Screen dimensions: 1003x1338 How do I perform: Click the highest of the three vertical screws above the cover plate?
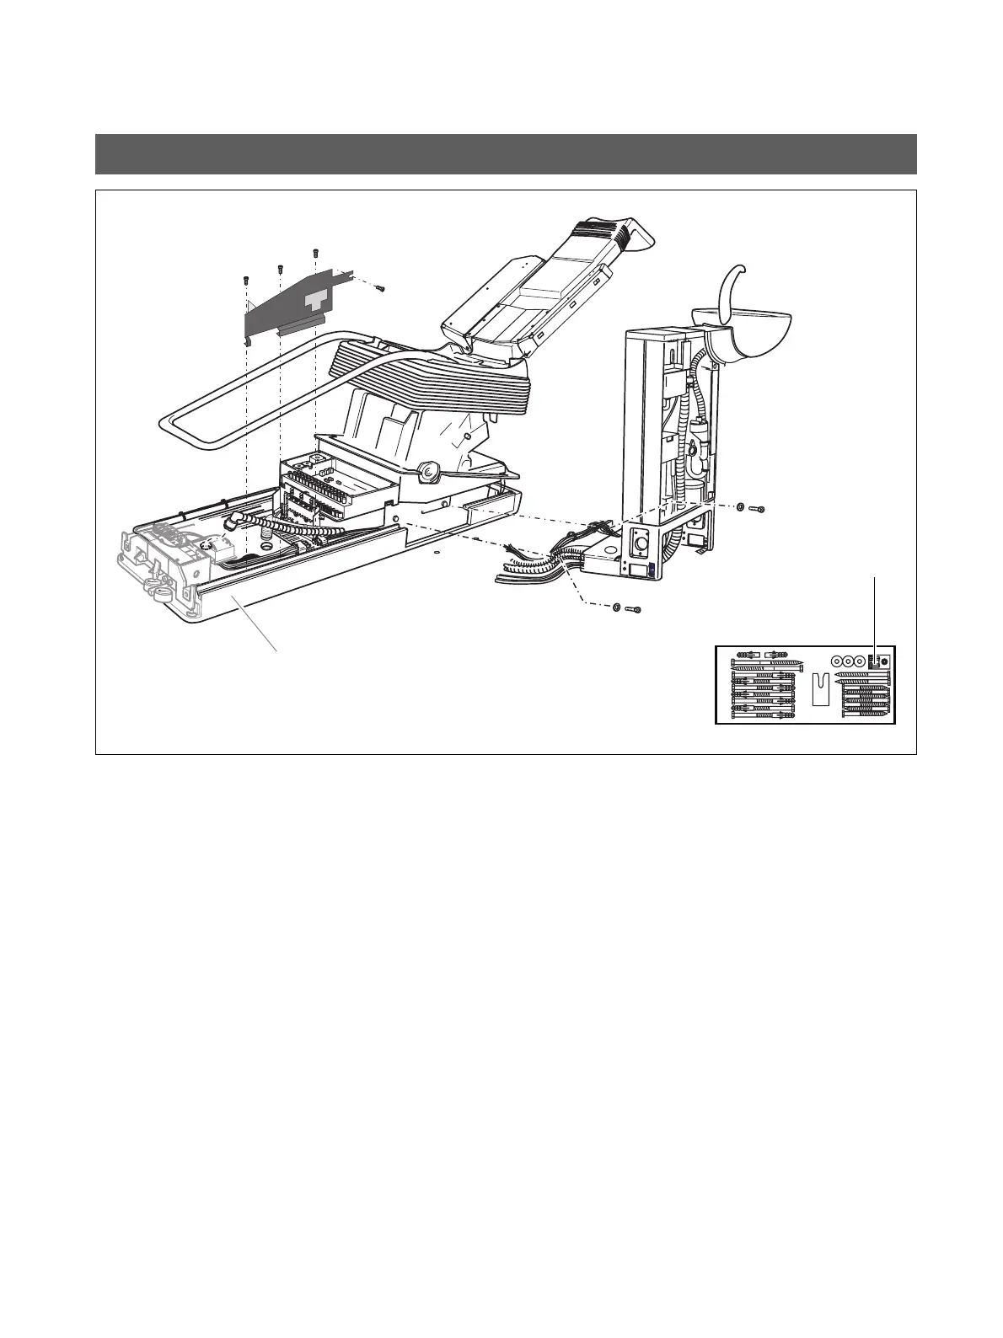coord(315,252)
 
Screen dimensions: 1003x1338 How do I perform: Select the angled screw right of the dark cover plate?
coord(380,288)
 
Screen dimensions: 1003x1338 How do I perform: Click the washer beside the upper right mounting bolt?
coord(738,508)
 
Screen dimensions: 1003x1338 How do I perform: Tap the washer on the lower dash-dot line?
coord(616,607)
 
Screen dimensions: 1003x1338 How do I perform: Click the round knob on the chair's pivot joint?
coord(429,474)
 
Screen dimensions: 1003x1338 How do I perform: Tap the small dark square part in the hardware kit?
coord(874,662)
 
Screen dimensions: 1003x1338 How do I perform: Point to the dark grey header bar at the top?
coord(506,153)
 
